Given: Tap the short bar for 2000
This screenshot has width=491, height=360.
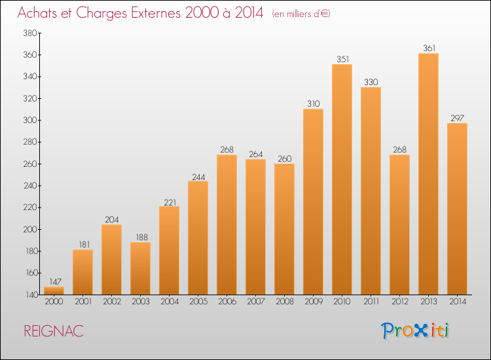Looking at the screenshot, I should pos(54,291).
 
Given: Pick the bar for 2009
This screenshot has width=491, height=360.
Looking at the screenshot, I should pos(313,202).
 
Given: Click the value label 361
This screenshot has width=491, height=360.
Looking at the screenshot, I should pos(428,48).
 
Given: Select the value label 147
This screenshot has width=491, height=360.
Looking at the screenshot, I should pos(54,281).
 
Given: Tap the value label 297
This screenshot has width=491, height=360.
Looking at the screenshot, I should pos(457,118).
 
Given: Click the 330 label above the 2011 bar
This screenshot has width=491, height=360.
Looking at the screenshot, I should pos(371,82).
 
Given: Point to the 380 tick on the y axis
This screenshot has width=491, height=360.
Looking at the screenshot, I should pos(29,33).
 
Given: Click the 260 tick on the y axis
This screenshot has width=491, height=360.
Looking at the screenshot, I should pos(29,164).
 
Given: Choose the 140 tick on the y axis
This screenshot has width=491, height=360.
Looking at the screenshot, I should pos(29,295).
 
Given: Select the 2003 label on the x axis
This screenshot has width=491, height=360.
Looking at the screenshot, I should pos(140,302).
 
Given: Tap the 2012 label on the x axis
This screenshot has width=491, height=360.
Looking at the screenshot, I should pos(399,302).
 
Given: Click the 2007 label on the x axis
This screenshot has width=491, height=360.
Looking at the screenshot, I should pos(255,302).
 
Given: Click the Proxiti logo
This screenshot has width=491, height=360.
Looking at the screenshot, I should pos(415,331).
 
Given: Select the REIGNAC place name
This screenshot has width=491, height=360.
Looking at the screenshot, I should pos(54,331).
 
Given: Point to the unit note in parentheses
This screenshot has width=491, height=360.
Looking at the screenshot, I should pos(301,14).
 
